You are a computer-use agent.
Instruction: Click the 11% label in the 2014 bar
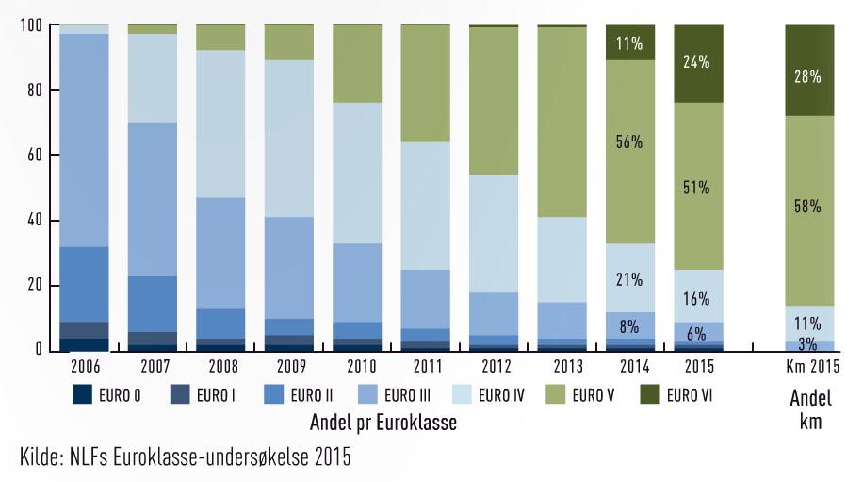[x=628, y=42]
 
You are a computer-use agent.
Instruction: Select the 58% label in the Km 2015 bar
[x=808, y=206]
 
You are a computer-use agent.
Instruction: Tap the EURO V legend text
[x=587, y=395]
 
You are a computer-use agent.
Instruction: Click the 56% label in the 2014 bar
[x=628, y=142]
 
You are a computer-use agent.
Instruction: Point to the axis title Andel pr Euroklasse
[x=383, y=424]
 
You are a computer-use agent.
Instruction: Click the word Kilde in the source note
[x=41, y=459]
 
